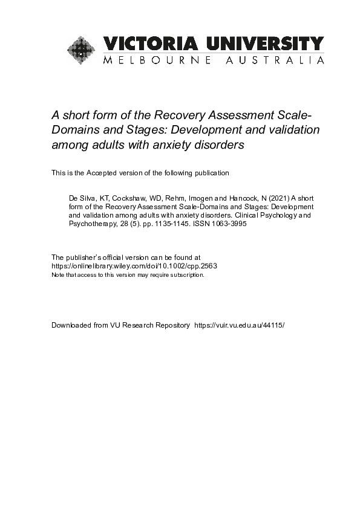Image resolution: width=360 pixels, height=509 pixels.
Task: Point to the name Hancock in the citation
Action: (x=223, y=198)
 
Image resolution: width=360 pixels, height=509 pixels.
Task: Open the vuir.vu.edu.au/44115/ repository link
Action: (x=238, y=325)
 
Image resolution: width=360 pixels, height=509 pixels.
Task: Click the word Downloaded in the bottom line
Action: (x=71, y=325)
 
